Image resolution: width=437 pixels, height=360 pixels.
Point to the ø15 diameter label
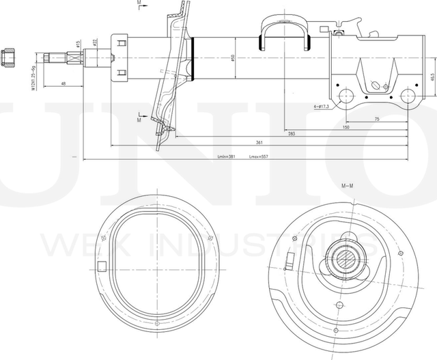(79, 44)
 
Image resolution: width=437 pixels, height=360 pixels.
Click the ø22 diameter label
(94, 42)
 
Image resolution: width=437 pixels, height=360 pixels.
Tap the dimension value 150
(346, 127)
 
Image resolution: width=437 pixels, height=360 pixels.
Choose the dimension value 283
(292, 134)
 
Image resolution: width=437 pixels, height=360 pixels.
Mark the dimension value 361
(259, 142)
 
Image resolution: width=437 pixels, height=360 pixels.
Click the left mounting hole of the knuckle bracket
(345, 95)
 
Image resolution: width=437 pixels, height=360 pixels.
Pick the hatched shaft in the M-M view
(348, 259)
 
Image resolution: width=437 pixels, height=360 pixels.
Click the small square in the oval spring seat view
(102, 268)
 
